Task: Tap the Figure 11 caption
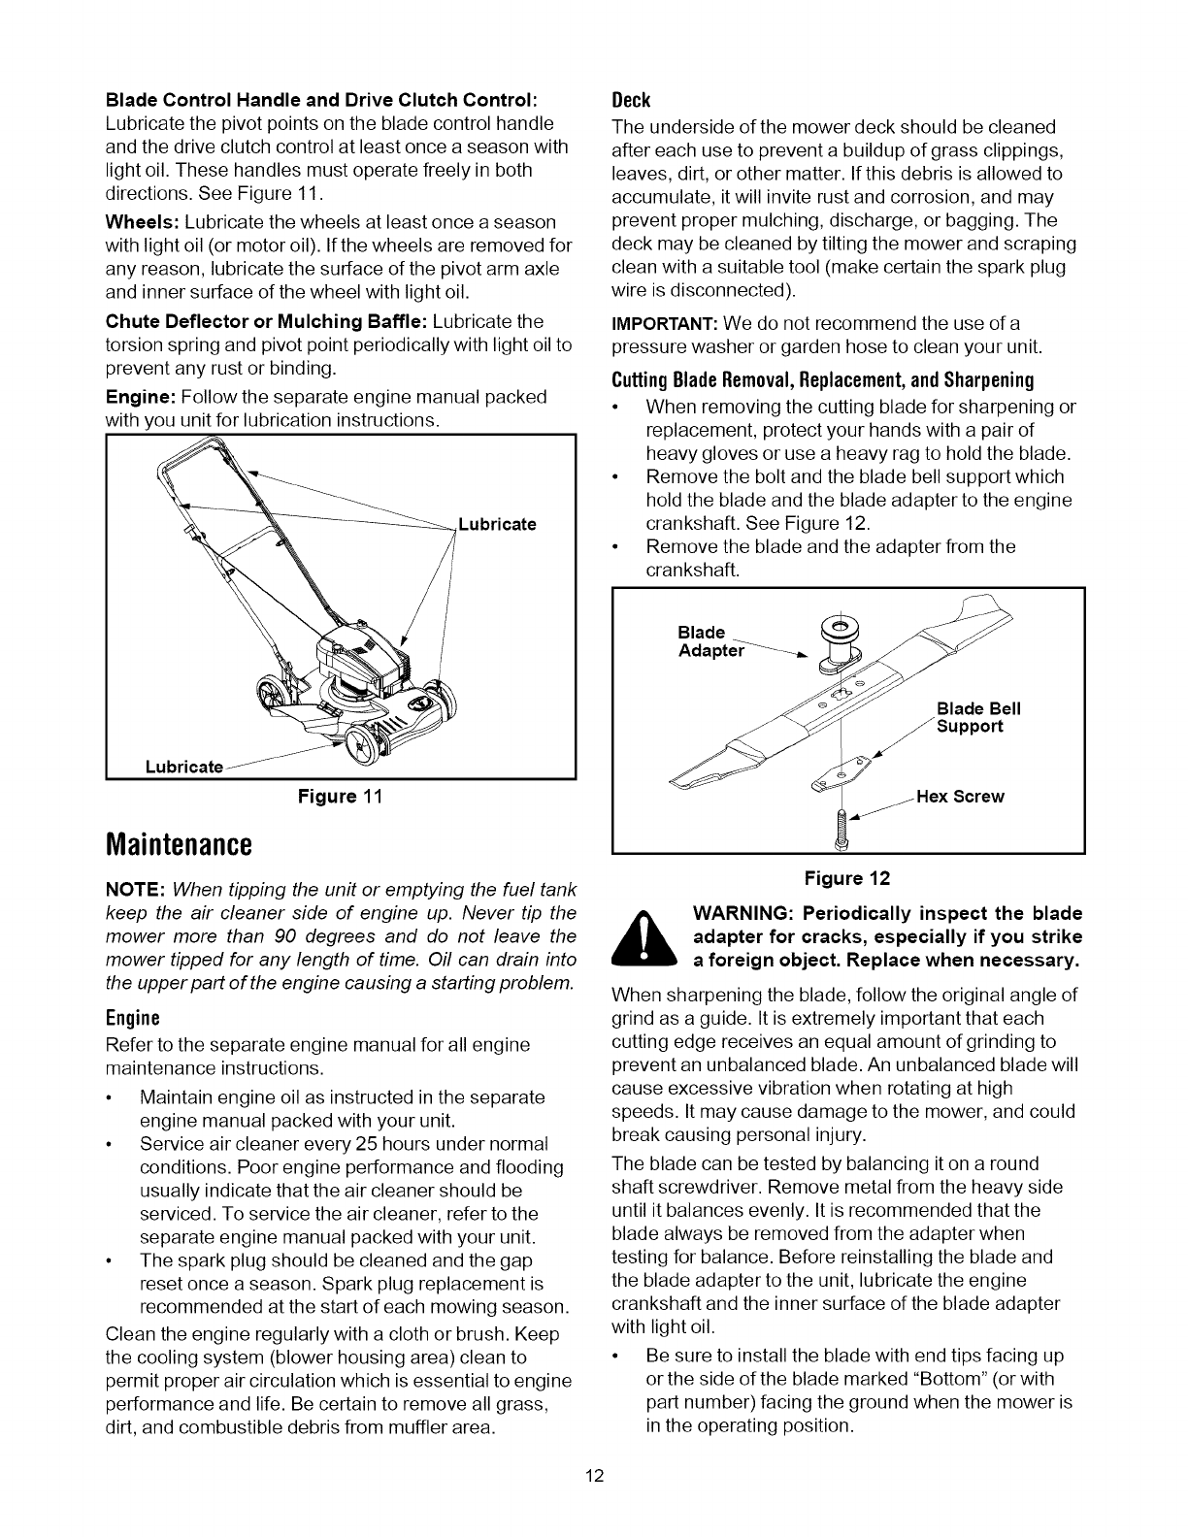[340, 797]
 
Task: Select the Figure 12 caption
[846, 878]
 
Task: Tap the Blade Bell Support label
[977, 717]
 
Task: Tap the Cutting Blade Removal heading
[822, 378]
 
